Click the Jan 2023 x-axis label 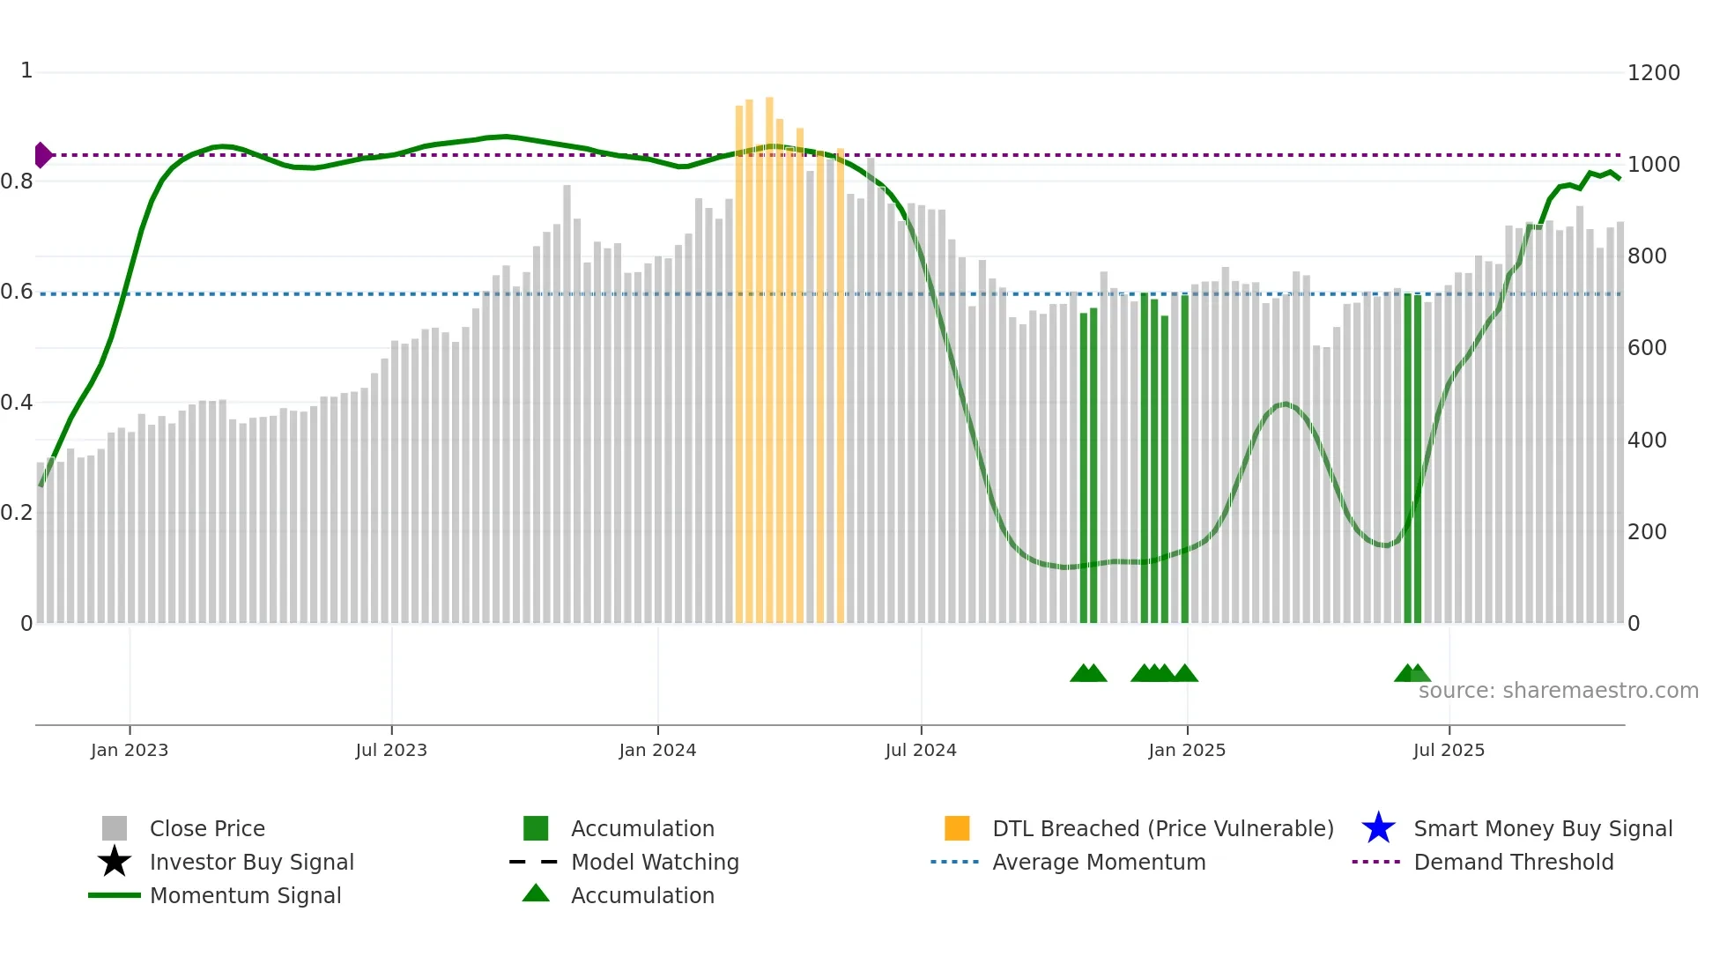tap(130, 750)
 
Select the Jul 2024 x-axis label tap(921, 750)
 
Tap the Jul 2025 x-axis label tap(1449, 750)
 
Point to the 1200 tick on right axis tap(1653, 73)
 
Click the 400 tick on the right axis tap(1647, 440)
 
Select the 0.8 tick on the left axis tap(17, 182)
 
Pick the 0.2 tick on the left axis tap(17, 513)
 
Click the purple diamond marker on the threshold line tap(42, 155)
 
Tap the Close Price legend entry tap(207, 828)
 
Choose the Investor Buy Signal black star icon tap(115, 862)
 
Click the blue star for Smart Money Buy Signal tap(1378, 828)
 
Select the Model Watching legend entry tap(655, 862)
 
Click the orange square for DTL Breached tap(957, 828)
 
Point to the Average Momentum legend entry tap(1099, 862)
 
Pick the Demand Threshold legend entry tap(1513, 862)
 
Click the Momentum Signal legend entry tap(245, 895)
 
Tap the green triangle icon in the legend tap(536, 893)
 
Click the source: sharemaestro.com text tap(1558, 691)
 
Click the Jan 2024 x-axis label tap(657, 750)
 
